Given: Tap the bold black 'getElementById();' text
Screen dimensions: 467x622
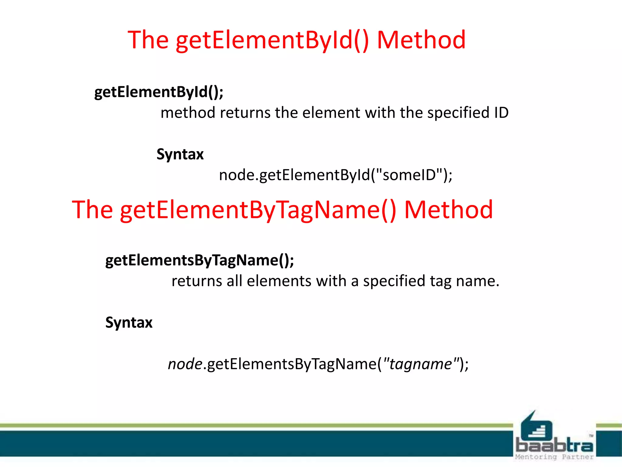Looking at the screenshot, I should coord(159,92).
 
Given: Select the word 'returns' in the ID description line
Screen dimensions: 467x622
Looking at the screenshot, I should coord(245,113).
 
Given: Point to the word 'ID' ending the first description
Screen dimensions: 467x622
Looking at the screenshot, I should coord(501,113).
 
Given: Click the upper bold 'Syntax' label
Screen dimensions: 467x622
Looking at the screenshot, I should coord(180,154).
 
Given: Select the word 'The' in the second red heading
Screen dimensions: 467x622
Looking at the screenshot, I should coord(92,210).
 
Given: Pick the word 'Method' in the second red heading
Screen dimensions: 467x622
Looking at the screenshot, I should coord(448,210).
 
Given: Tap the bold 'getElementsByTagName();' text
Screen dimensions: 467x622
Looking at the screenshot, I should coord(200,260).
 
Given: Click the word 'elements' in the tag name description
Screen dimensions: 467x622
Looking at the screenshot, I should coord(279,281).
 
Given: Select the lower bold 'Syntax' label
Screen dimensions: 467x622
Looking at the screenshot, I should coord(129,323).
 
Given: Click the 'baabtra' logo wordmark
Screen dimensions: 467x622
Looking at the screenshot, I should coord(554,445).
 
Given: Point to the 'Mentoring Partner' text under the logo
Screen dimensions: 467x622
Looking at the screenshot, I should coord(554,457).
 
